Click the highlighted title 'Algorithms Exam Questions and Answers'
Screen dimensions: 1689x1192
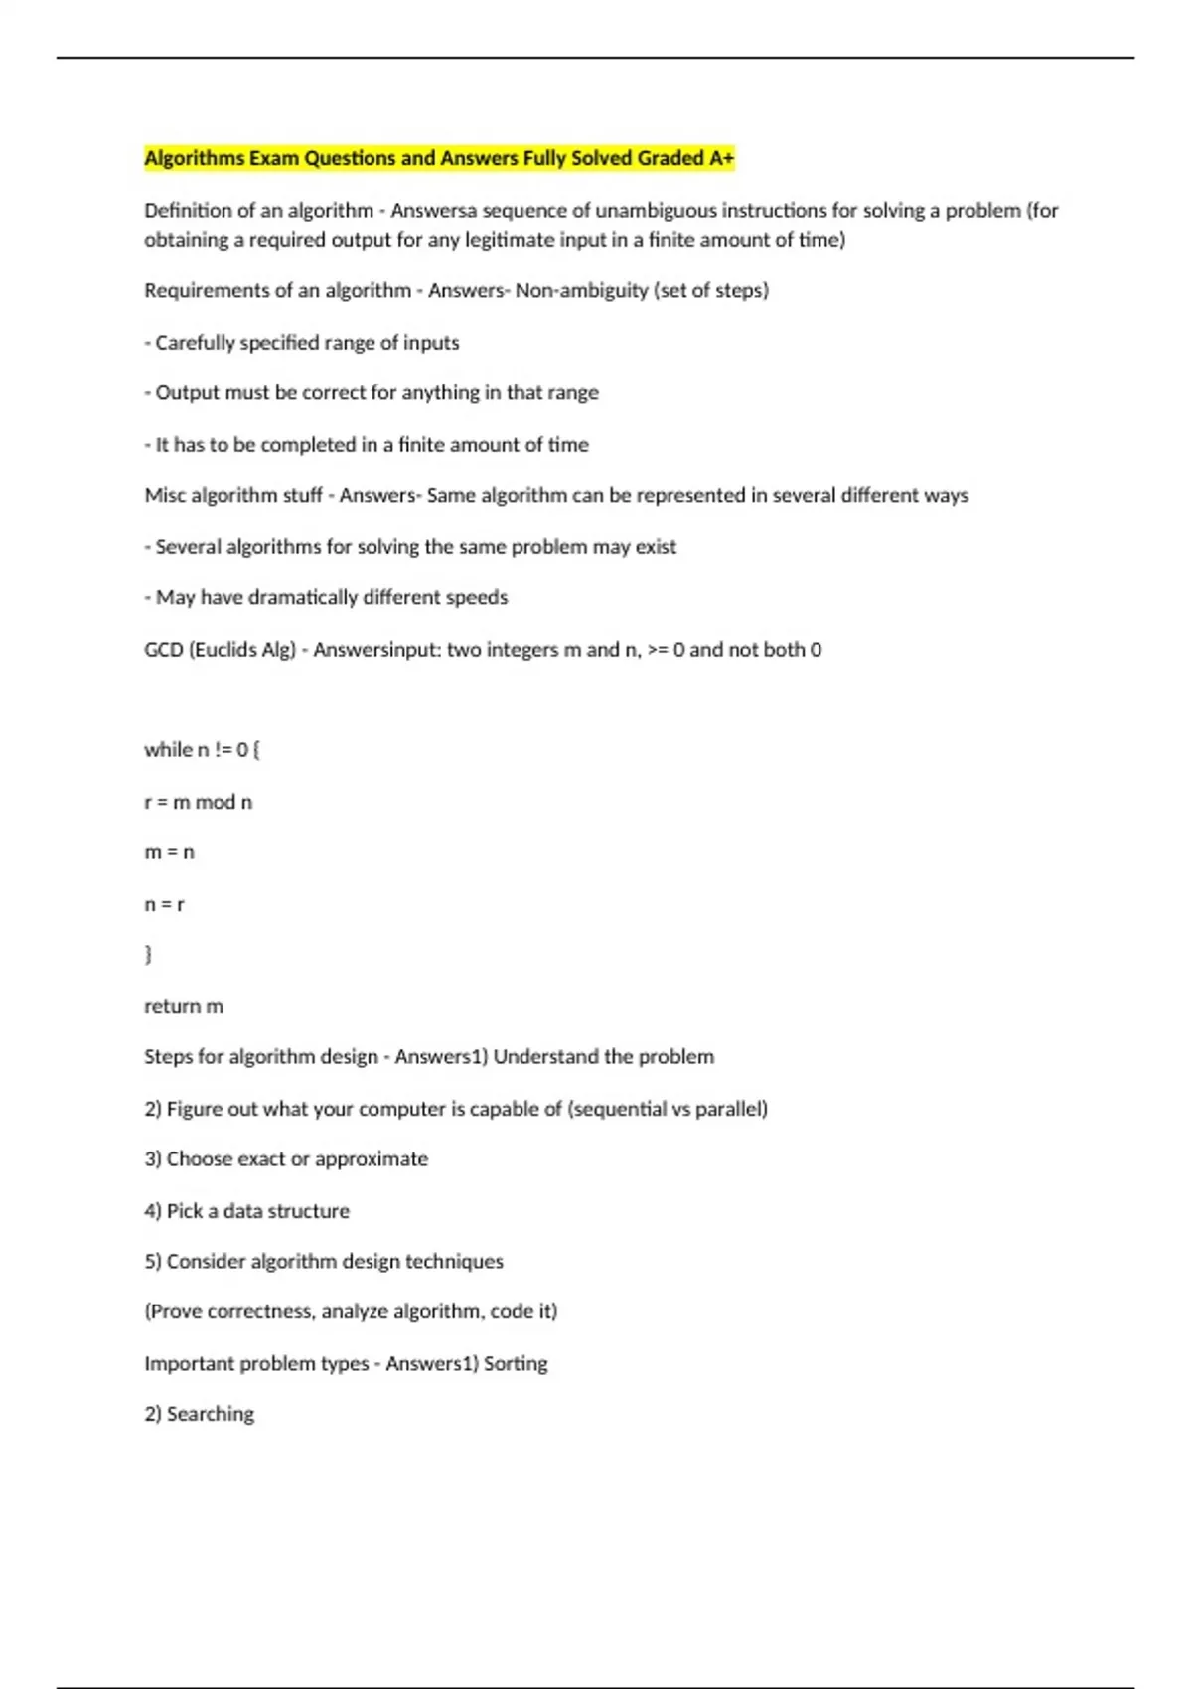(x=438, y=158)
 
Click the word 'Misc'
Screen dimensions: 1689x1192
(x=164, y=495)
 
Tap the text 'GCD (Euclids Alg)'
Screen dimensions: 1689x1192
(x=220, y=650)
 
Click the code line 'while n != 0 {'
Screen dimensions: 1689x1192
(x=202, y=750)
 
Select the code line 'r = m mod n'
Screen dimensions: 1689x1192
(x=198, y=802)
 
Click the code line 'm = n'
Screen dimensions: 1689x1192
(x=169, y=852)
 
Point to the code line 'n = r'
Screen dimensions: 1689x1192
(x=164, y=904)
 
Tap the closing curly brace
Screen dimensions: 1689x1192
(x=149, y=955)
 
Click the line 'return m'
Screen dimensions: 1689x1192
(x=184, y=1006)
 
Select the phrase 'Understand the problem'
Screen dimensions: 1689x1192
(x=603, y=1057)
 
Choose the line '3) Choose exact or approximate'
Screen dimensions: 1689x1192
(x=286, y=1159)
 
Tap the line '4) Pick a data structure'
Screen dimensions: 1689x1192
(x=246, y=1211)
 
